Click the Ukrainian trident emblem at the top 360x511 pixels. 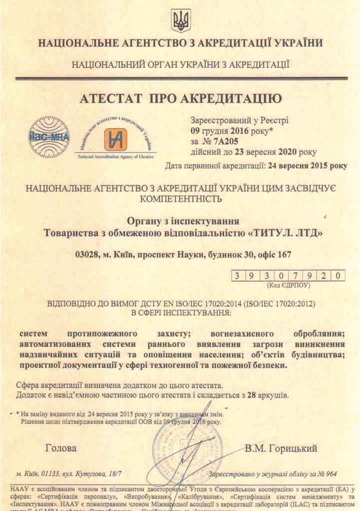(181, 20)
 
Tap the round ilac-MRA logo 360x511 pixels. (48, 137)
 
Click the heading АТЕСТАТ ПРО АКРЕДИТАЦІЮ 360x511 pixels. (180, 98)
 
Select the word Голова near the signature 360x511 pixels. (61, 448)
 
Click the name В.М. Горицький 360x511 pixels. (281, 449)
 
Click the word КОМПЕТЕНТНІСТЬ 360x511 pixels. (180, 199)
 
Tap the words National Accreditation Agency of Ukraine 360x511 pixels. (115, 157)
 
